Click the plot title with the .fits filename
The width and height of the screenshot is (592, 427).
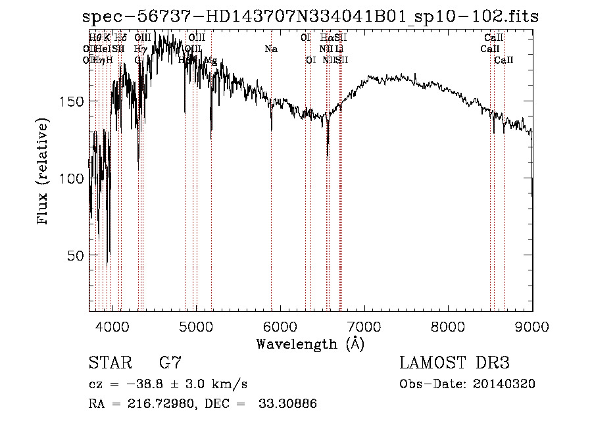point(310,17)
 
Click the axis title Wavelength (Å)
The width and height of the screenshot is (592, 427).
point(310,343)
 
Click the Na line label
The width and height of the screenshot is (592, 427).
point(271,49)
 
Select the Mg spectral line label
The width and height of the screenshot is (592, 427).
point(210,61)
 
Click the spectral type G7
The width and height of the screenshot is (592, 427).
point(170,363)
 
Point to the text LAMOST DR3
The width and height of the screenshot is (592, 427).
point(455,363)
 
